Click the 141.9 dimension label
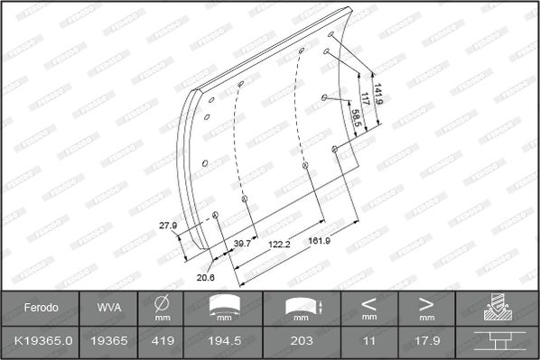tap(378, 94)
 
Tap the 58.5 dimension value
tap(357, 117)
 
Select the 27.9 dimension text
tap(168, 226)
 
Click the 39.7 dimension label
tap(242, 244)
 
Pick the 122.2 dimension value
tap(279, 245)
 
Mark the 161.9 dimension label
tap(320, 241)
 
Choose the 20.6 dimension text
tap(206, 277)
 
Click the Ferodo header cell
tap(41, 308)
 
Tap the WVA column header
tap(109, 308)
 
